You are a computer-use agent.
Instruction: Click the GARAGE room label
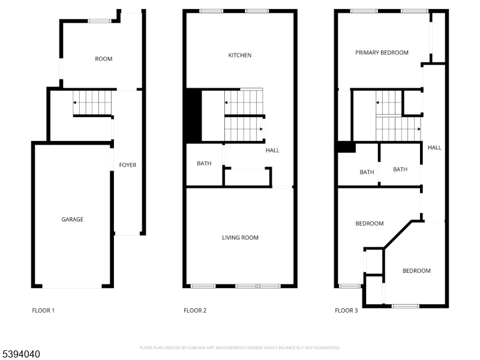73,220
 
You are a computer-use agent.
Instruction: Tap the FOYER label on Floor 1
127,165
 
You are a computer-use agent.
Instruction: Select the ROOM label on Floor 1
104,59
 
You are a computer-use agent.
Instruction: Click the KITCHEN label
240,55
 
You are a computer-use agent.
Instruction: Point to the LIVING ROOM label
240,238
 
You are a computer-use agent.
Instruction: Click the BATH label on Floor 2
204,163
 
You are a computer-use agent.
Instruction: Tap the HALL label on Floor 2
272,150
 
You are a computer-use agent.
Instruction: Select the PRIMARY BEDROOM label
382,53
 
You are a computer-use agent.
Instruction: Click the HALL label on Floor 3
434,147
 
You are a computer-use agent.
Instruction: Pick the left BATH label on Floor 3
367,172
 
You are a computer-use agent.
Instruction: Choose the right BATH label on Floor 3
400,169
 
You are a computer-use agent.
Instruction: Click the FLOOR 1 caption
43,311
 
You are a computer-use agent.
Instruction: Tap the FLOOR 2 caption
195,311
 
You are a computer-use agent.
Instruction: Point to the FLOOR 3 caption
346,311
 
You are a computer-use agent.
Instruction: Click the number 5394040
20,355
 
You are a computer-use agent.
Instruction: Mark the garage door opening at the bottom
71,286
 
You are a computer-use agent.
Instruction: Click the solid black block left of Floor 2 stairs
193,115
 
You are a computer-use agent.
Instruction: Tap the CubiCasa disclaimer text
240,347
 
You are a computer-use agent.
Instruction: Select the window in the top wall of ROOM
100,21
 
